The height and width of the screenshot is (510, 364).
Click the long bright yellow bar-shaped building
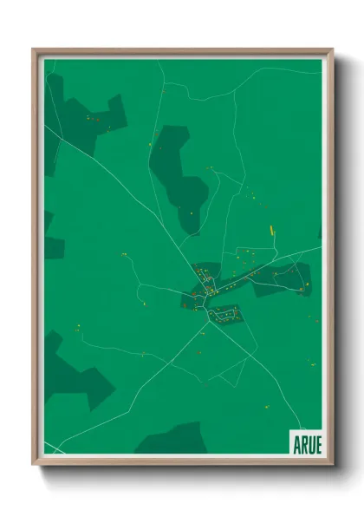[x=272, y=230]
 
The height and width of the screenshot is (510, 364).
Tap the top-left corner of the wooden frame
[x=34, y=49]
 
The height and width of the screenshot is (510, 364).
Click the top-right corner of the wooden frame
[x=332, y=49]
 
